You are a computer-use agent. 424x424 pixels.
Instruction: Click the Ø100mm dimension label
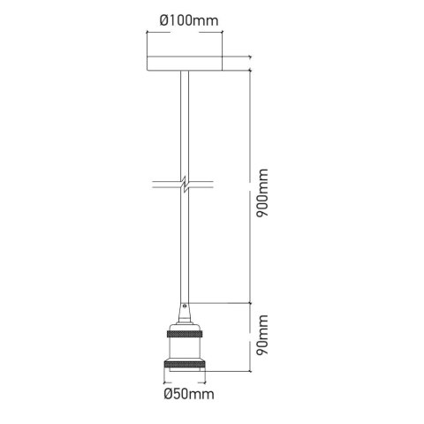(x=189, y=20)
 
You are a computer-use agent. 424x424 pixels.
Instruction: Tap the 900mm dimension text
(x=262, y=193)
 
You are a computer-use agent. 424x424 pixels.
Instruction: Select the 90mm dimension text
(x=262, y=335)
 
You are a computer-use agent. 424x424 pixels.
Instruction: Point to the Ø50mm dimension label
(x=189, y=394)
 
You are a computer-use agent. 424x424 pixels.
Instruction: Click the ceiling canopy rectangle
(x=185, y=64)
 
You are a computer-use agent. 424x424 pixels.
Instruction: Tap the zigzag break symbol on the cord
(x=185, y=185)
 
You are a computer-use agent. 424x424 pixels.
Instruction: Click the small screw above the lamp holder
(x=185, y=306)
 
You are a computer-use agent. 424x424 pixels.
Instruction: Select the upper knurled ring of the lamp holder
(x=185, y=334)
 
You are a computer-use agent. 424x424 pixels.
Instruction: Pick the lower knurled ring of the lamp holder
(x=185, y=365)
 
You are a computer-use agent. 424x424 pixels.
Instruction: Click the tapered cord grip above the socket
(x=185, y=314)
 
